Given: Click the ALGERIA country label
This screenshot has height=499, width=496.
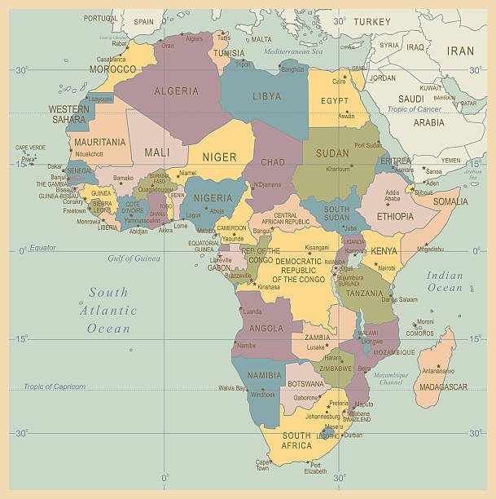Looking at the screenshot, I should pos(178,91).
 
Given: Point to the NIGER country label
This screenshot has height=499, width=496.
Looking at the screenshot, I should pos(219,157).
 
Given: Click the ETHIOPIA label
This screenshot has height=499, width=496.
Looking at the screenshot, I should pos(394,217).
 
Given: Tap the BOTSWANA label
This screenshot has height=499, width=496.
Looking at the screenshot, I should pos(306,382).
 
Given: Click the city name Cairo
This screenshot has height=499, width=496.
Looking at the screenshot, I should pos(340,82).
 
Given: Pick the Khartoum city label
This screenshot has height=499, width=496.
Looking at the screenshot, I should pos(338,169).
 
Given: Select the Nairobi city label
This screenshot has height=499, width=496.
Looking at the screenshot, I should pos(386,267).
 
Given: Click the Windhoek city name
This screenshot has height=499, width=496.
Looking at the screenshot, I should pos(263,395).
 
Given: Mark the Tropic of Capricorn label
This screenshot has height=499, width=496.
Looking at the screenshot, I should pos(55,386).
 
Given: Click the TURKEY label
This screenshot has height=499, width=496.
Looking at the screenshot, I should pos(373,21).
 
